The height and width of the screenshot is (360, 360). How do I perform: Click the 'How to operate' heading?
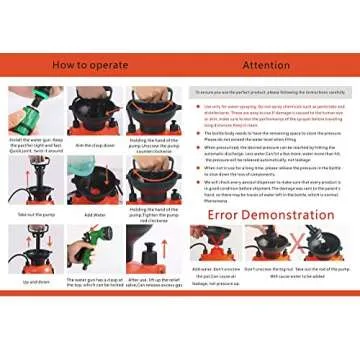coord(91,65)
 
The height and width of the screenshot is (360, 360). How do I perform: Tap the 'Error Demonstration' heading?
coord(271,213)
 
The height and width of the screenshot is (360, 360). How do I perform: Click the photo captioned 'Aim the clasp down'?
coord(94,110)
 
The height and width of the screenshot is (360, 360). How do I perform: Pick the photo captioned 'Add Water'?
coord(94,180)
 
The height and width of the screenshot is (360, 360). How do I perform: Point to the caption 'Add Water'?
coord(94,213)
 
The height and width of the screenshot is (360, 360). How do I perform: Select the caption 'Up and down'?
coord(30,282)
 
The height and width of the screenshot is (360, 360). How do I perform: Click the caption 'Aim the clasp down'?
coord(94,144)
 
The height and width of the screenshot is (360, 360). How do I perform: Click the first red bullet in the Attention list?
coord(197,105)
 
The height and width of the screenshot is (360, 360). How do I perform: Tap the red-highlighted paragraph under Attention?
coord(270,111)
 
